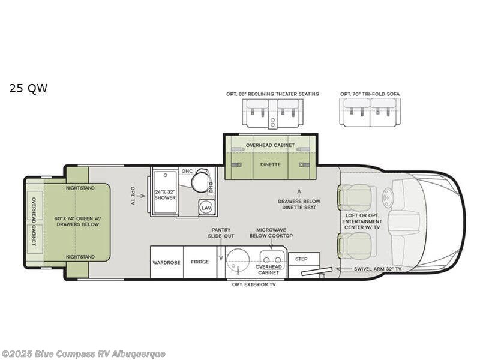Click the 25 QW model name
pyautogui.click(x=28, y=89)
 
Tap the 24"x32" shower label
pyautogui.click(x=164, y=196)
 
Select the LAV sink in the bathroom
pyautogui.click(x=206, y=207)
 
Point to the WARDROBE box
pyautogui.click(x=166, y=262)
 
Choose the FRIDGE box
pyautogui.click(x=200, y=262)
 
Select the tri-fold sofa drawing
pyautogui.click(x=370, y=112)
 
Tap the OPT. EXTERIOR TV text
pyautogui.click(x=254, y=284)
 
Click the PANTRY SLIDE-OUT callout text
pyautogui.click(x=221, y=233)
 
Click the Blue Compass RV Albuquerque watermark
pyautogui.click(x=83, y=353)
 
